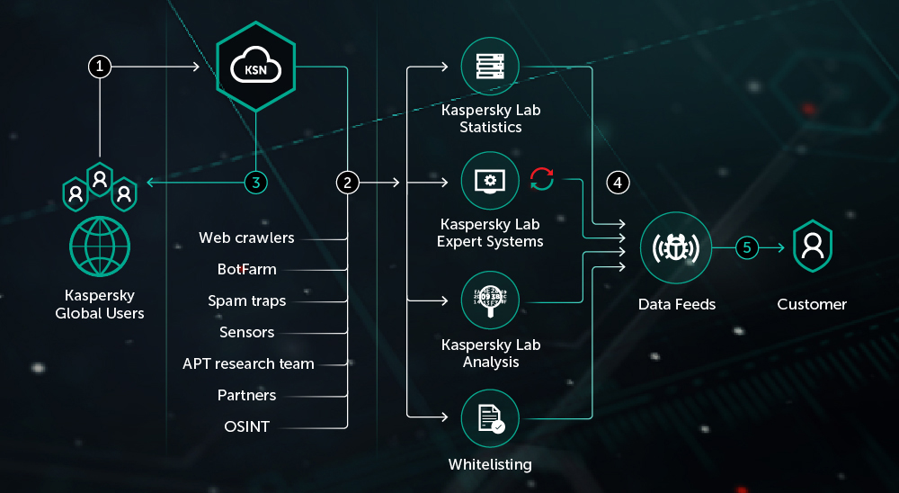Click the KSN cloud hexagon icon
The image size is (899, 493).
(x=256, y=67)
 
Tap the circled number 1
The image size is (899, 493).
(x=100, y=67)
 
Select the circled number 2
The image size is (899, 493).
(x=348, y=183)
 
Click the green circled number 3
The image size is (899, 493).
(x=256, y=183)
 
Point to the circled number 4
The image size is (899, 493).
(x=618, y=183)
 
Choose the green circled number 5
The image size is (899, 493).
(x=748, y=246)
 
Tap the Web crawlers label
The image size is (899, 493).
(x=246, y=238)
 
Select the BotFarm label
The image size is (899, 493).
(x=247, y=269)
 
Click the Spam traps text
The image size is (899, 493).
(x=247, y=300)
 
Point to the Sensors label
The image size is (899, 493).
(x=247, y=332)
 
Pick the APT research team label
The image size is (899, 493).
(x=248, y=363)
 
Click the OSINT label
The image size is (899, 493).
(x=247, y=426)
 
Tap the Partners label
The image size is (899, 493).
(x=247, y=395)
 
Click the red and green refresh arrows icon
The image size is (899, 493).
(x=542, y=179)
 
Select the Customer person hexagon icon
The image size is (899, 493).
(x=813, y=246)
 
